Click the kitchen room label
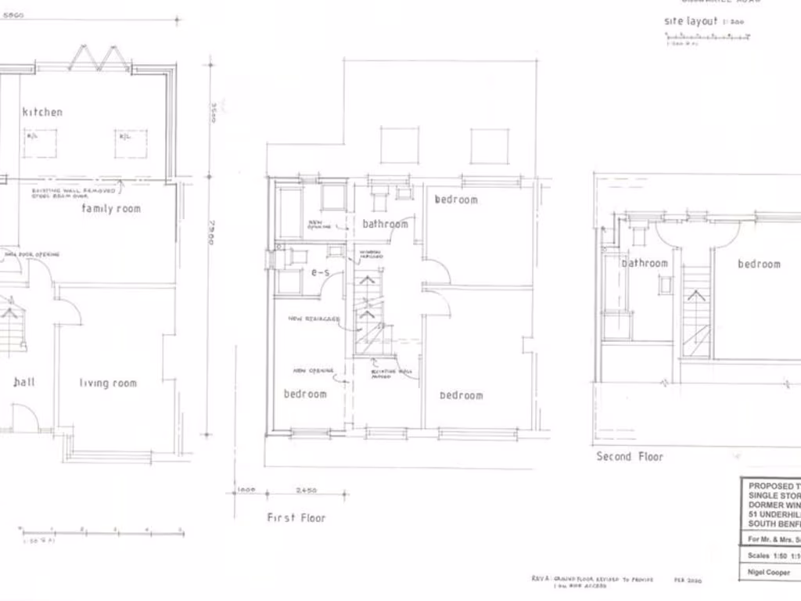click(42, 112)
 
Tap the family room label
click(111, 209)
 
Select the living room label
click(108, 383)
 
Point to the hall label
click(23, 382)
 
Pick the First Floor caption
click(296, 517)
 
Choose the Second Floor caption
click(630, 456)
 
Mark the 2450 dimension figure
click(306, 491)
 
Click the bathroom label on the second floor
click(645, 264)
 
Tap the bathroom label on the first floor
click(385, 225)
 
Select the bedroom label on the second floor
click(759, 265)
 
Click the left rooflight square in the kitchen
click(39, 143)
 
